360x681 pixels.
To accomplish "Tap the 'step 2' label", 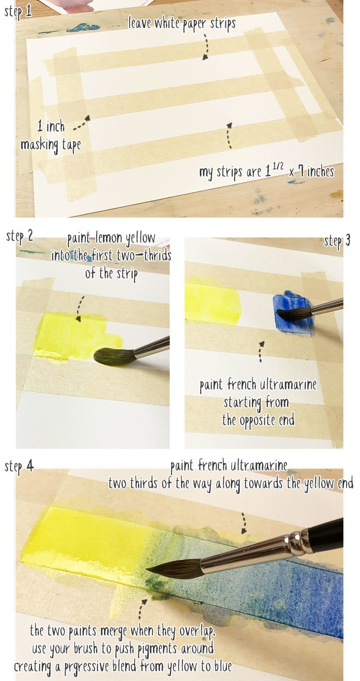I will pyautogui.click(x=20, y=236).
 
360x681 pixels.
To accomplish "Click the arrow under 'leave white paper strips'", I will pyautogui.click(x=205, y=46).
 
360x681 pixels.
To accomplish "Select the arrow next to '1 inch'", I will pyautogui.click(x=81, y=124).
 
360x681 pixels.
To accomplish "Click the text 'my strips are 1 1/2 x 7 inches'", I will pyautogui.click(x=266, y=172).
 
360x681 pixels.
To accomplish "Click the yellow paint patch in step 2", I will pyautogui.click(x=74, y=335).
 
